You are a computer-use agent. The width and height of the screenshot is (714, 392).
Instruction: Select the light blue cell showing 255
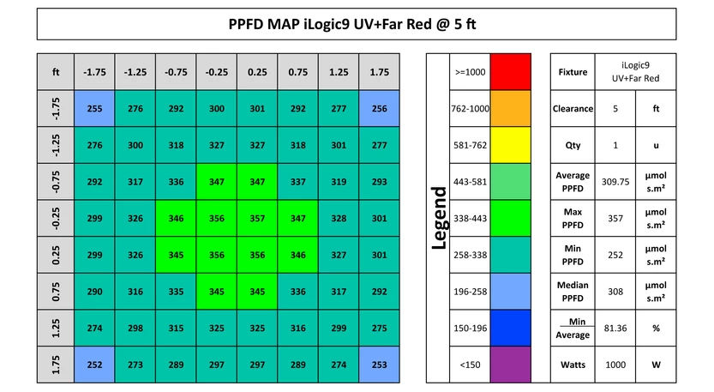click(x=94, y=109)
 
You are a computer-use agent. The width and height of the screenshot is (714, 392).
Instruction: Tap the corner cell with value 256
click(x=379, y=109)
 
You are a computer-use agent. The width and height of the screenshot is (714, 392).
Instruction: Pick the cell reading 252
click(x=94, y=365)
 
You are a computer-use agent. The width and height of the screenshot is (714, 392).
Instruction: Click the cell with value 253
click(x=379, y=365)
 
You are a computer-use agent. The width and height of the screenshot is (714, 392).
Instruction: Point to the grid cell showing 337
click(x=297, y=182)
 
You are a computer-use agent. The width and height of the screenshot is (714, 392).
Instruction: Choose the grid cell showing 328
click(x=339, y=219)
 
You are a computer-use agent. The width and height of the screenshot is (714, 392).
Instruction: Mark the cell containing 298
click(x=135, y=329)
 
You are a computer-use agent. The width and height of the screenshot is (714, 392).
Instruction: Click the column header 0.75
click(x=297, y=72)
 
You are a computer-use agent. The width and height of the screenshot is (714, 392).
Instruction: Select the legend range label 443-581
click(x=470, y=182)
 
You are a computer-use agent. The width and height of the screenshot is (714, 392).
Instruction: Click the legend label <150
click(x=470, y=365)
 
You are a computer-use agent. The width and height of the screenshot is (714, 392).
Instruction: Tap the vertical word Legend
click(x=439, y=219)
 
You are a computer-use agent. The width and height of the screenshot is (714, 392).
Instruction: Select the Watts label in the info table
click(x=573, y=365)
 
